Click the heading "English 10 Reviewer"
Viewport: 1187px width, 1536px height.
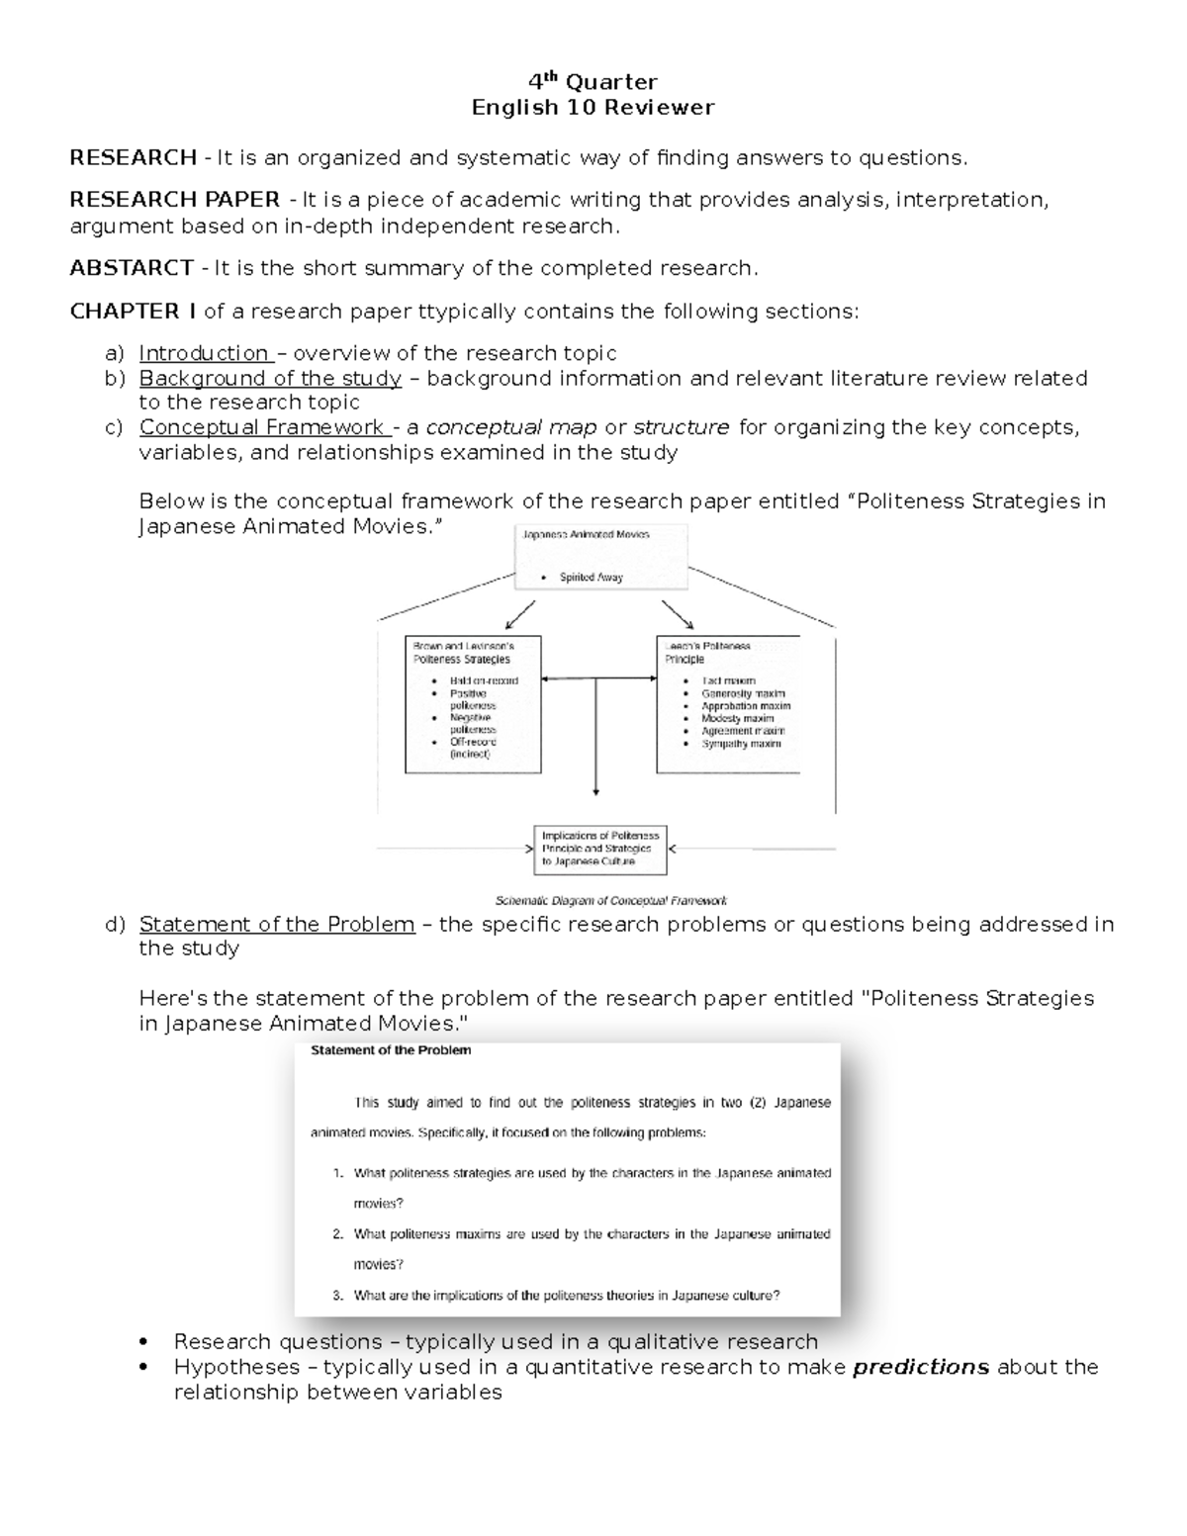coord(593,107)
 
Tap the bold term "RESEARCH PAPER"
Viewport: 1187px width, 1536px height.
coord(174,200)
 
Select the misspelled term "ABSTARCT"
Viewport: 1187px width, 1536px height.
coord(132,268)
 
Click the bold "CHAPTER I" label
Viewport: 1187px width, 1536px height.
coord(133,312)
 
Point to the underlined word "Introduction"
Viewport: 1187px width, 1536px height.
coord(204,353)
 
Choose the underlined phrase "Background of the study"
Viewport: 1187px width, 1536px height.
coord(270,378)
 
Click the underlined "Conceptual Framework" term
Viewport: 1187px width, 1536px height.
coord(262,427)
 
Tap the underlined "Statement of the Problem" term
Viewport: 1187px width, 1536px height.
coord(277,924)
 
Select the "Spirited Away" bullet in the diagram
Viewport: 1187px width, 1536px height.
coord(591,578)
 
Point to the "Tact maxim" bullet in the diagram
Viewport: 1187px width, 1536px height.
coord(728,680)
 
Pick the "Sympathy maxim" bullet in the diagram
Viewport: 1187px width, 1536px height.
coord(741,744)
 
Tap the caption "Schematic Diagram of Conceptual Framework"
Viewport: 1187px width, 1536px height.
coord(610,901)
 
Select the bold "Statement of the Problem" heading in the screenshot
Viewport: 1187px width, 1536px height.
coord(391,1050)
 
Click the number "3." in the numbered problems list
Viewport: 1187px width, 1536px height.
coord(337,1295)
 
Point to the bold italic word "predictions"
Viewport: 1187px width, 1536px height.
coord(920,1367)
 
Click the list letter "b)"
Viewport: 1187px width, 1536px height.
coord(115,378)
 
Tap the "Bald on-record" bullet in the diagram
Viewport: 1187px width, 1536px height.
coord(484,680)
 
